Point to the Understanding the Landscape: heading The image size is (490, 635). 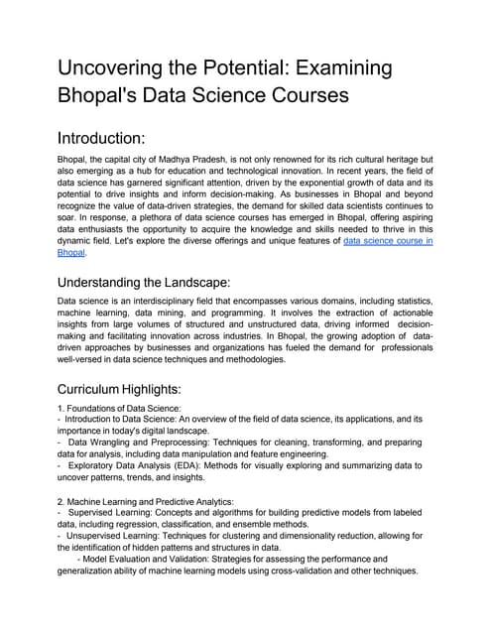pyautogui.click(x=145, y=282)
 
